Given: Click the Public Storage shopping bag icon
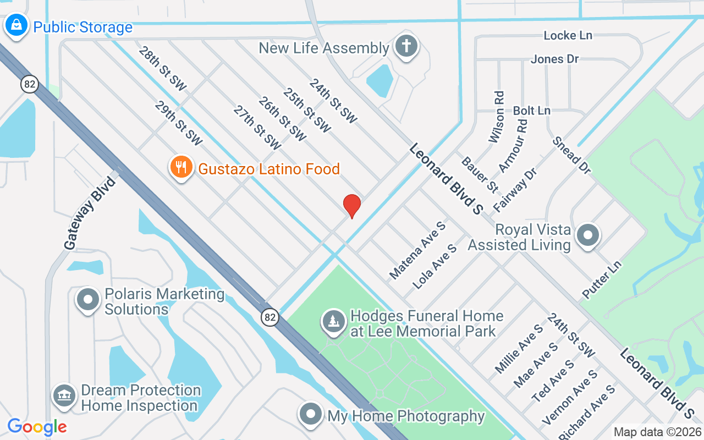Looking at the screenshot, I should point(16,25).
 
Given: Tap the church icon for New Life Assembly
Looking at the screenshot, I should point(406,46).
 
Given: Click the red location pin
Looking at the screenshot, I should point(352,206).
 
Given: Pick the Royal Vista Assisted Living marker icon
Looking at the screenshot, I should point(588,235).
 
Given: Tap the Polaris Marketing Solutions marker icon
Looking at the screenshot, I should point(87,300).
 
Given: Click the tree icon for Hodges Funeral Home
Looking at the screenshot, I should point(333,322).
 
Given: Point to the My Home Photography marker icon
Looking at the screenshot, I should point(310,414).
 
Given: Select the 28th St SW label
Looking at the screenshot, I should point(163,68).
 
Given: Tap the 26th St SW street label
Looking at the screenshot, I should point(282,119).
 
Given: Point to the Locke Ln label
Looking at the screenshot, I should point(568,35).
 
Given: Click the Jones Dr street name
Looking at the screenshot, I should point(554,59).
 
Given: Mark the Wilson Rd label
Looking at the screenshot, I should point(497,117).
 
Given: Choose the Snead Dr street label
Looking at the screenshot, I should point(572,156).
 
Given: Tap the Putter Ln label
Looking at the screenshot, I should point(602,280).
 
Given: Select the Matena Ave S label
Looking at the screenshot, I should point(417,250).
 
